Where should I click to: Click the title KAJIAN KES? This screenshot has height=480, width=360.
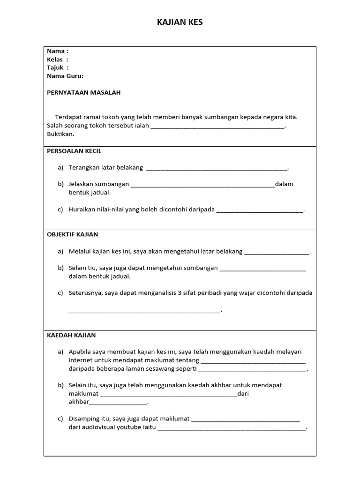[x=180, y=22]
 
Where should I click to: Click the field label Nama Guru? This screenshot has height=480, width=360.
[x=65, y=76]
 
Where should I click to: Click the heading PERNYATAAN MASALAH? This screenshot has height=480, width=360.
[x=83, y=93]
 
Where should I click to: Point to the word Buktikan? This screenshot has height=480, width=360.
[x=60, y=134]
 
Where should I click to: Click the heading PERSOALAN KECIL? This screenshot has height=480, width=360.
[x=74, y=151]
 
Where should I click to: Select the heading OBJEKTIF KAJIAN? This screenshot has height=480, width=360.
[x=73, y=234]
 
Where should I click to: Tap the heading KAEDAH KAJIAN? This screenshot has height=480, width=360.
[x=71, y=335]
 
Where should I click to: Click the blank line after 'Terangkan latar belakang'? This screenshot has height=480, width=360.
[x=217, y=169]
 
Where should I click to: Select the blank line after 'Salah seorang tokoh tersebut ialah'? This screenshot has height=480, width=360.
[x=217, y=127]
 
